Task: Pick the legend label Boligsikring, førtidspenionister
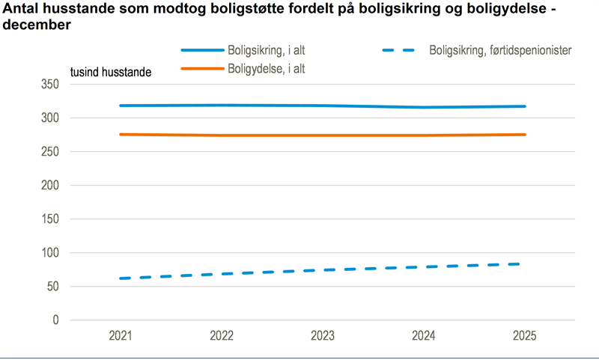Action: (501, 50)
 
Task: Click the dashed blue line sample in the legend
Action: (398, 50)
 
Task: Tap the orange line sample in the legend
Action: (203, 68)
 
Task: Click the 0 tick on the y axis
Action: (55, 320)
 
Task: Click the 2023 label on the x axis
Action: (323, 336)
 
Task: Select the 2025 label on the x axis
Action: (525, 336)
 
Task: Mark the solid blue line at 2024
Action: (424, 107)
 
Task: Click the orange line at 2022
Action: (222, 135)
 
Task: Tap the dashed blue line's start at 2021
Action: (121, 278)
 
